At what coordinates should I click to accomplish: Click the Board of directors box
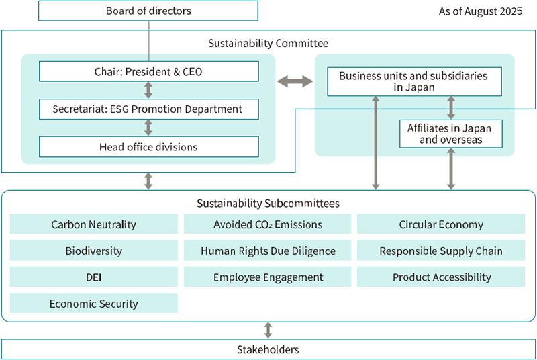pyautogui.click(x=148, y=11)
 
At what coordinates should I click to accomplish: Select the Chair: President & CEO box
pyautogui.click(x=148, y=71)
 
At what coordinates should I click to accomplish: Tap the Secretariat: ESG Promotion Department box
pyautogui.click(x=148, y=109)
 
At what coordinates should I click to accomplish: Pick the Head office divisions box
pyautogui.click(x=148, y=146)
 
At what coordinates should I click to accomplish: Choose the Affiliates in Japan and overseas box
pyautogui.click(x=450, y=134)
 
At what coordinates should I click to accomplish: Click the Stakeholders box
pyautogui.click(x=268, y=349)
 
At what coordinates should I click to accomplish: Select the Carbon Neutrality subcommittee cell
pyautogui.click(x=93, y=224)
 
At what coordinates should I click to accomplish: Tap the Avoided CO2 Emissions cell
pyautogui.click(x=268, y=224)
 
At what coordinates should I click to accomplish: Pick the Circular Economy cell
pyautogui.click(x=441, y=224)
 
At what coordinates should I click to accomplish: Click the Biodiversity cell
pyautogui.click(x=93, y=251)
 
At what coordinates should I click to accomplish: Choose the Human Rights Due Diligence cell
pyautogui.click(x=268, y=251)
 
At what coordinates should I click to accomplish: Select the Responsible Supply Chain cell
pyautogui.click(x=441, y=251)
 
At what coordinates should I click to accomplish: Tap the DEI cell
pyautogui.click(x=93, y=277)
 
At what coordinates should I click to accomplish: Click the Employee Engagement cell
pyautogui.click(x=268, y=277)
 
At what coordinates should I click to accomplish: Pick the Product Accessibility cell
pyautogui.click(x=441, y=277)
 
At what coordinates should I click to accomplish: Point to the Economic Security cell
pyautogui.click(x=93, y=303)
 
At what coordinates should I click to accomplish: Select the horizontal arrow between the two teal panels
pyautogui.click(x=295, y=81)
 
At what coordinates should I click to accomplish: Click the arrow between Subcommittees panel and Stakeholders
pyautogui.click(x=268, y=330)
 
